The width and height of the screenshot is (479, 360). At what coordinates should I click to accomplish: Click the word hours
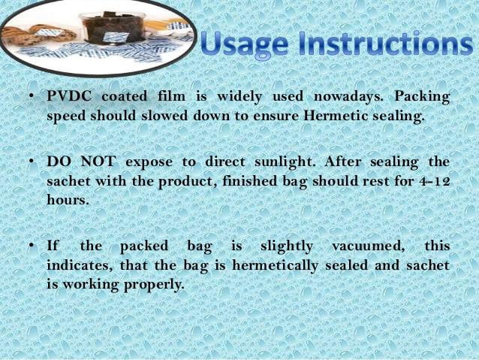point(68,201)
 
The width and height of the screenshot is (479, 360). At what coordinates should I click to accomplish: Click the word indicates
point(80,265)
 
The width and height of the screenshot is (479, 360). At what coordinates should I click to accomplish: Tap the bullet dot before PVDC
point(31,97)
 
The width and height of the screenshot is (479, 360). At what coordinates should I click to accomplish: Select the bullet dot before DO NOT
point(31,161)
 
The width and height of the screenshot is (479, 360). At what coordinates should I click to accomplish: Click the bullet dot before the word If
point(31,247)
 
